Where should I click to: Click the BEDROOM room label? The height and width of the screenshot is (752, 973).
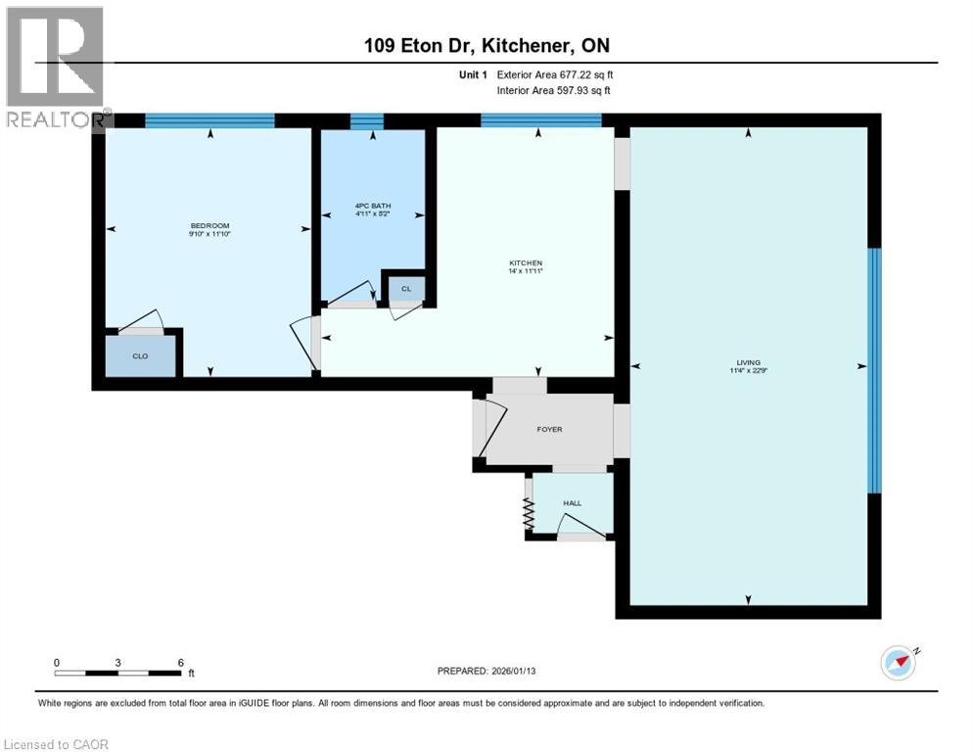pyautogui.click(x=209, y=226)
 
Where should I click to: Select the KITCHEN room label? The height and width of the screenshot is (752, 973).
pyautogui.click(x=525, y=263)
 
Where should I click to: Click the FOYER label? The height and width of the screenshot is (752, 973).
pyautogui.click(x=549, y=429)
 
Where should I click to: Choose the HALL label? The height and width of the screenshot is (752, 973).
pyautogui.click(x=573, y=503)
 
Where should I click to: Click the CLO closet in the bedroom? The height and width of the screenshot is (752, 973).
pyautogui.click(x=140, y=356)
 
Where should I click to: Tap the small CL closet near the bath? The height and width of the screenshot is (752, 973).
pyautogui.click(x=406, y=288)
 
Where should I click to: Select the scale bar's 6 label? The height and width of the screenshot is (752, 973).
pyautogui.click(x=180, y=663)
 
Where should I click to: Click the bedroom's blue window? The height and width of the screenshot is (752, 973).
pyautogui.click(x=209, y=121)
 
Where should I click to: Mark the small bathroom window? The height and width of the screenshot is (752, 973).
pyautogui.click(x=366, y=121)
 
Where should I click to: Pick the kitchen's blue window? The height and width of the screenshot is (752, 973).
pyautogui.click(x=540, y=121)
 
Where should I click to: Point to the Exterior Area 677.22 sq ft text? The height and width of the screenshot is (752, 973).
pyautogui.click(x=555, y=74)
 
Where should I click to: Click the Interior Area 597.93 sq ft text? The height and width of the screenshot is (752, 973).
pyautogui.click(x=555, y=91)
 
